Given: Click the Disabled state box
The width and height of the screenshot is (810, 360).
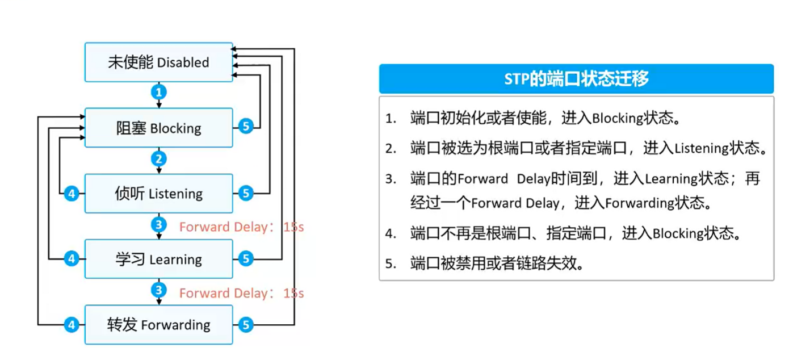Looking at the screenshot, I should click(159, 62).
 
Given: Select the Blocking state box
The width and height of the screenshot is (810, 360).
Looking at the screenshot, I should click(159, 128).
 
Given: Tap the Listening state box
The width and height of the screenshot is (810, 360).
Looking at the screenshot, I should click(159, 194).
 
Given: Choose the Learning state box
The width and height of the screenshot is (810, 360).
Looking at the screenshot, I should click(159, 259).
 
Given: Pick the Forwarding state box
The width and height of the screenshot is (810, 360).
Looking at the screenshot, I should click(159, 325).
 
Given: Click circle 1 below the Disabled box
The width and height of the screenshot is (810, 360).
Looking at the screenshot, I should click(159, 91).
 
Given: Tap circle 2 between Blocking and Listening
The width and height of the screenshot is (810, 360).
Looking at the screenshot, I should click(159, 158).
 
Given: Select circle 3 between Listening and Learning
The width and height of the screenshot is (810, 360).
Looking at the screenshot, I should click(159, 224).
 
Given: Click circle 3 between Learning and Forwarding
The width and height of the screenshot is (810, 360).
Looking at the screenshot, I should click(159, 290).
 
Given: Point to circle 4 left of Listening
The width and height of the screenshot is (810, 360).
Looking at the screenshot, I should click(72, 194).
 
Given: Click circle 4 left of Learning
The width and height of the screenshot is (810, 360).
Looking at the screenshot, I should click(72, 259).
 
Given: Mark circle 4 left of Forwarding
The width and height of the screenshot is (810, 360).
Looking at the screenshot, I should click(72, 325).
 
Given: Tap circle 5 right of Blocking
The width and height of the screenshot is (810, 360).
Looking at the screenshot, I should click(245, 127).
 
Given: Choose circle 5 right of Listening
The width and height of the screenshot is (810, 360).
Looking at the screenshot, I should click(245, 194).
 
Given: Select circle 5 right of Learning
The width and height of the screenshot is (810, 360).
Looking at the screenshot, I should click(245, 259).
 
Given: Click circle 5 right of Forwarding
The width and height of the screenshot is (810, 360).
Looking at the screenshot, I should click(245, 325).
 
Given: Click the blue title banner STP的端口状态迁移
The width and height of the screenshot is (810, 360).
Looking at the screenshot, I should click(576, 79).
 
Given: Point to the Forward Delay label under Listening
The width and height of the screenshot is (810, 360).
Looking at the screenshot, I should click(242, 227).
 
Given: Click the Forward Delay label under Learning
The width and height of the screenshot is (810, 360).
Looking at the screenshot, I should click(242, 293).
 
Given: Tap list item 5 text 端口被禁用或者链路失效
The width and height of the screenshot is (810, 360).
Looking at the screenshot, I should click(497, 264).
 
